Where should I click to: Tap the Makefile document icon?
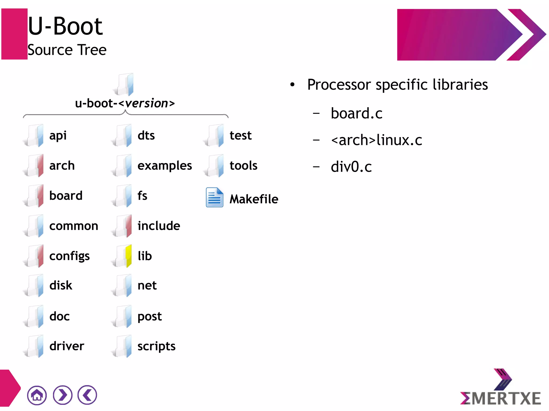[x=214, y=198]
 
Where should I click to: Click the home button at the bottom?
[x=37, y=395]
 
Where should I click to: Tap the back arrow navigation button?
[x=87, y=395]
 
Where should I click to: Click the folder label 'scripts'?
[x=156, y=346]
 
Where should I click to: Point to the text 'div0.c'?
[x=351, y=167]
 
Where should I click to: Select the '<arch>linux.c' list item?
[x=376, y=140]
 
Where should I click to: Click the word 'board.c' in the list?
[x=357, y=113]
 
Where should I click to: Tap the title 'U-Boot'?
[x=65, y=26]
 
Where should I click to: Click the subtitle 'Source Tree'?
[x=67, y=50]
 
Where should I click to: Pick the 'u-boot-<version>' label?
[x=125, y=103]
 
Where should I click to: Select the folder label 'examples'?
[x=165, y=166]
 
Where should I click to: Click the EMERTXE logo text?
[x=500, y=398]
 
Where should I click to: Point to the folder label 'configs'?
[x=69, y=256]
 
